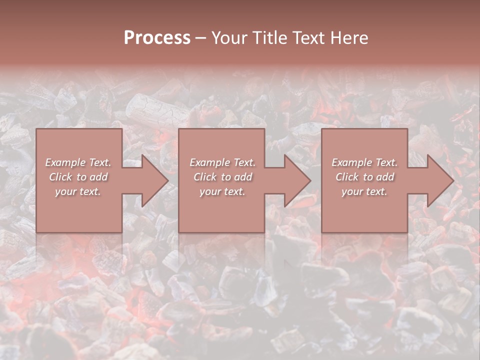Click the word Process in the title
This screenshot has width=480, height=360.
click(x=157, y=38)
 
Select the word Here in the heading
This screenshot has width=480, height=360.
click(x=349, y=38)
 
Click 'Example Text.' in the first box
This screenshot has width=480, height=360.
click(x=78, y=162)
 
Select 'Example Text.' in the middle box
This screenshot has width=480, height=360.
click(x=222, y=162)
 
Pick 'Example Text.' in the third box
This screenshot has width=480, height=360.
click(x=364, y=162)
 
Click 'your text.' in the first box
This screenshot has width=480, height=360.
click(x=78, y=191)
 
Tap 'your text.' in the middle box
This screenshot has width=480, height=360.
click(x=222, y=191)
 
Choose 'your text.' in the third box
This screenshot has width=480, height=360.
click(x=364, y=191)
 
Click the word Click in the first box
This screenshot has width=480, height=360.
click(x=60, y=177)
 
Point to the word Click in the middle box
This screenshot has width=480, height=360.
click(x=205, y=177)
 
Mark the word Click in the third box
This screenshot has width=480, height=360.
click(x=347, y=177)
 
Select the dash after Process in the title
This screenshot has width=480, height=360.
click(x=201, y=38)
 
